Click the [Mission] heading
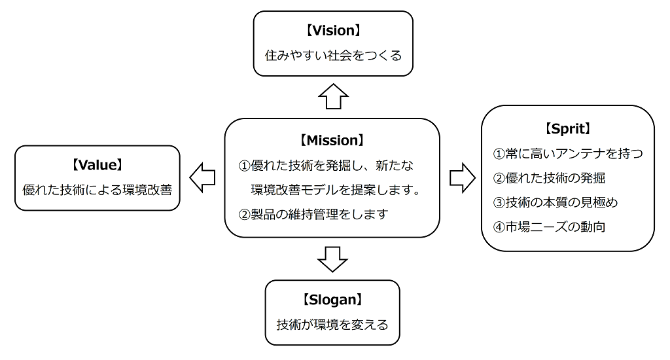click(x=332, y=140)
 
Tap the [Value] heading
click(x=97, y=162)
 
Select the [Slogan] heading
click(x=332, y=300)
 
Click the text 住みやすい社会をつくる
click(x=333, y=56)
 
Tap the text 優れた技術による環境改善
click(x=97, y=190)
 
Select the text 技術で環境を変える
click(x=332, y=324)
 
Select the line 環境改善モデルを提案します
click(x=334, y=190)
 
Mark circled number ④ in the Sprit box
click(x=499, y=227)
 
